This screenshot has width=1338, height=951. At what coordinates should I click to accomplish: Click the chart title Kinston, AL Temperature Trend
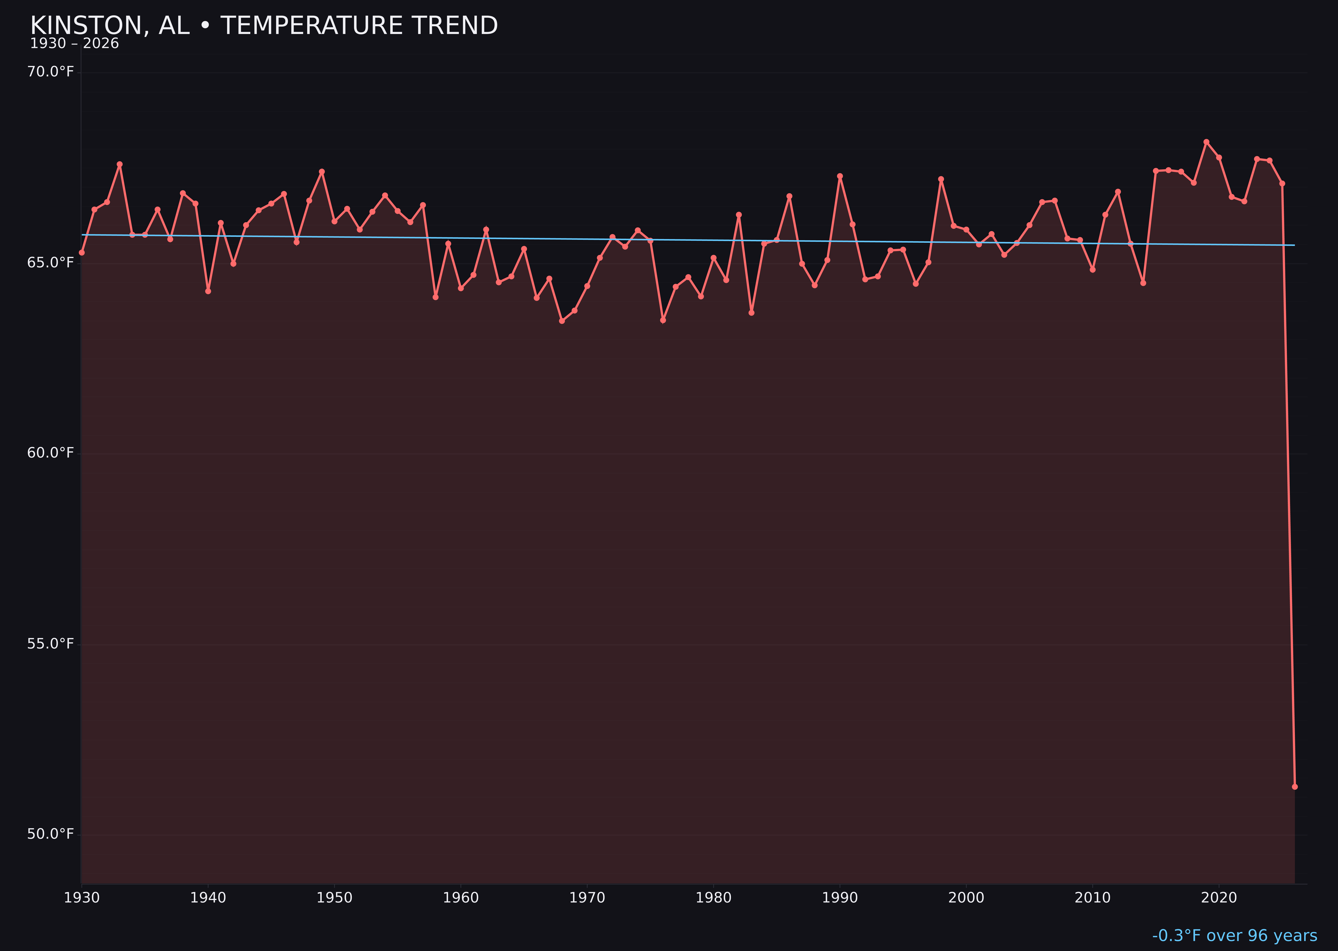pos(264,26)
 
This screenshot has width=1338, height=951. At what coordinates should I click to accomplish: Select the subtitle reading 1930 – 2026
pos(74,44)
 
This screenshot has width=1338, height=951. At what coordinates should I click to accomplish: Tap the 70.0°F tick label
pos(51,72)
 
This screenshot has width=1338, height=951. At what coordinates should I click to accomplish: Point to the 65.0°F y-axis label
pos(51,263)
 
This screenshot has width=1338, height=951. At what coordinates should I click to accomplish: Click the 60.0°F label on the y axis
pos(51,453)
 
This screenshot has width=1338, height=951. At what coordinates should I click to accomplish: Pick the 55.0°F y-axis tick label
pos(51,644)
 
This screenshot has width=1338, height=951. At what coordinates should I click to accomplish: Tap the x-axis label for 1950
pos(334,898)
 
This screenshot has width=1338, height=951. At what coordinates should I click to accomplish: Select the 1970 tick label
pos(587,898)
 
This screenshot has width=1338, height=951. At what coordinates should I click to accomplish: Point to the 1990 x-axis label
pos(840,898)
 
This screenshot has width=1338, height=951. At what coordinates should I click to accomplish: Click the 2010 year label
pos(1092,898)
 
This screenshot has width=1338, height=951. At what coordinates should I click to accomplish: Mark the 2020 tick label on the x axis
pos(1219,898)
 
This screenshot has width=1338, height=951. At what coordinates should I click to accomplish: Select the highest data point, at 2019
pos(1206,142)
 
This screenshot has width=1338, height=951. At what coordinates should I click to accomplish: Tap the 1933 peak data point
pos(119,165)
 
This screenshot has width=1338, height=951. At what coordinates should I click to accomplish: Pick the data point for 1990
pos(840,176)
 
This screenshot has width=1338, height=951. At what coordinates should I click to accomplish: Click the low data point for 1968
pos(562,321)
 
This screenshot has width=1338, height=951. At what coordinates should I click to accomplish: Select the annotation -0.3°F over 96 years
pos(1234,936)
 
